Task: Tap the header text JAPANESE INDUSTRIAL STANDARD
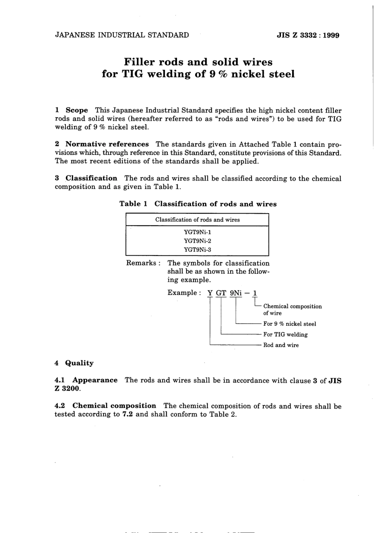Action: click(122, 35)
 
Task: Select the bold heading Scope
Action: click(77, 111)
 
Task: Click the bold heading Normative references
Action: click(107, 144)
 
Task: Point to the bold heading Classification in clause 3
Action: click(91, 178)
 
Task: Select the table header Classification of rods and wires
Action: click(197, 220)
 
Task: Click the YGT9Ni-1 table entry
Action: click(197, 232)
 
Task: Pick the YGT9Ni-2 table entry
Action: click(197, 241)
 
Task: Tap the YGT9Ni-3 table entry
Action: click(197, 250)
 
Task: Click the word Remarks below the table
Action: click(141, 263)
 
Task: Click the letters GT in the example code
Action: click(221, 293)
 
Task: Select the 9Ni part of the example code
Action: click(236, 293)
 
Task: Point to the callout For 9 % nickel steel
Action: click(290, 324)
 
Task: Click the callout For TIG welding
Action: click(285, 334)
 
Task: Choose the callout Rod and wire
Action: click(281, 345)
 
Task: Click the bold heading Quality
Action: click(79, 363)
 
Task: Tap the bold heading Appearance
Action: click(95, 380)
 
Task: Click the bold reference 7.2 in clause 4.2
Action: click(127, 415)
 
